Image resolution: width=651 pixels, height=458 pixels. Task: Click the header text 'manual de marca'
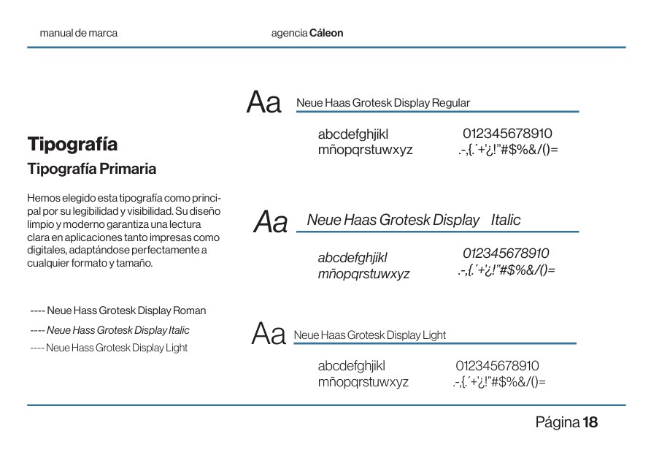coord(78,33)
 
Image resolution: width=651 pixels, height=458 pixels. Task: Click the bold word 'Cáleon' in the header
coord(326,33)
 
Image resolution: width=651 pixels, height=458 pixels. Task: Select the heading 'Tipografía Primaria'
coord(91,169)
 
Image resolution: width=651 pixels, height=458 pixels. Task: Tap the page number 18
coord(590,422)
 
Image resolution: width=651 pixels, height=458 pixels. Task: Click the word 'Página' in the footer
coord(558,422)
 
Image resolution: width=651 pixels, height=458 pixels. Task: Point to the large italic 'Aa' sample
coord(270,222)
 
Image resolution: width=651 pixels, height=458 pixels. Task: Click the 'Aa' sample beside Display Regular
coord(263,103)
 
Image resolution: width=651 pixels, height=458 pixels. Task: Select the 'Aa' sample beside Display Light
coord(268,335)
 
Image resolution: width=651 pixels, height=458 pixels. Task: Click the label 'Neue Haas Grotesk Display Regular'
coord(383,103)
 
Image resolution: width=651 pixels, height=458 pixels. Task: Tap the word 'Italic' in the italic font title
coord(506,220)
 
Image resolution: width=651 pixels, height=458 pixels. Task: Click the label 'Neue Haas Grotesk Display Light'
coord(369,335)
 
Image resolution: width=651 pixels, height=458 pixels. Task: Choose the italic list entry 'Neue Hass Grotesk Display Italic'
coord(118,330)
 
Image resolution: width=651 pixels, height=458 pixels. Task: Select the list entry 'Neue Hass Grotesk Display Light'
coord(117,348)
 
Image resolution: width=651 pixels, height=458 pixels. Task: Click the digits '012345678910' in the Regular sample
coord(507,134)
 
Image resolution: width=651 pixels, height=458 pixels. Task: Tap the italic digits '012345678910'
coord(506,253)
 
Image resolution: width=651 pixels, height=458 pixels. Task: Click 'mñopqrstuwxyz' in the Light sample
coord(363,382)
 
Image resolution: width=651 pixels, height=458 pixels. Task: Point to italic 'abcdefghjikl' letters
coord(353,257)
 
